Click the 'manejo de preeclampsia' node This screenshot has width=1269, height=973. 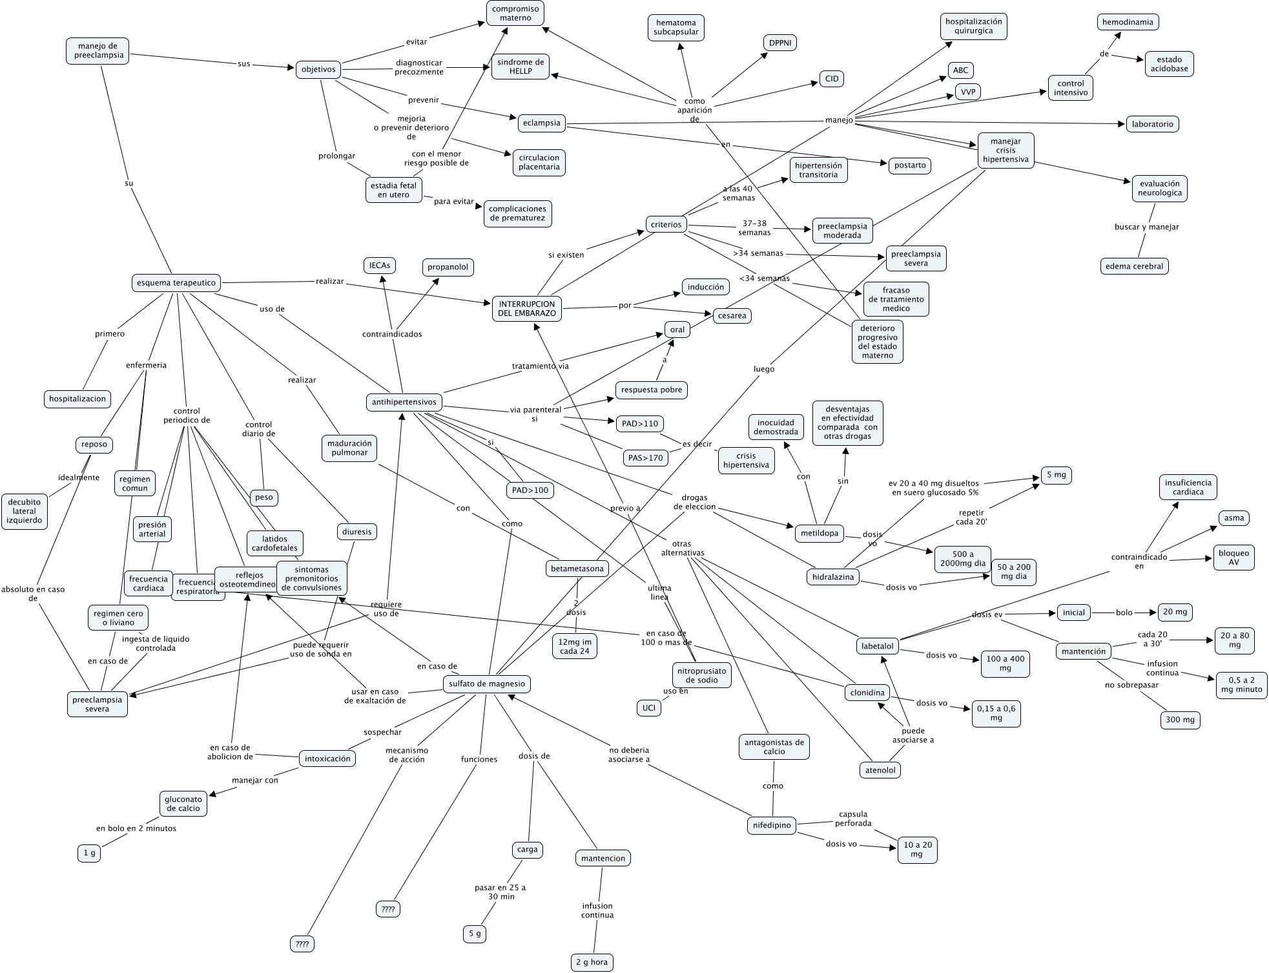point(98,50)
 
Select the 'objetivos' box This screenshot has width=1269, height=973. point(318,69)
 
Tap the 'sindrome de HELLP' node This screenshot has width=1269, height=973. point(521,67)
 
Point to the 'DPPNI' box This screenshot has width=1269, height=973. point(779,43)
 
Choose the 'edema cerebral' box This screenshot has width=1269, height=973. point(1134,266)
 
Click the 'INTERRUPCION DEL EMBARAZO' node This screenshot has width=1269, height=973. point(527,308)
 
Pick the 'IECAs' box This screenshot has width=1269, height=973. point(379,265)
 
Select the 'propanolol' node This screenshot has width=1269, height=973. point(448,267)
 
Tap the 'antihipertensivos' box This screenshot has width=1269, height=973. point(404,402)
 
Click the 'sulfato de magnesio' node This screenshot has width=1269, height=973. point(488,684)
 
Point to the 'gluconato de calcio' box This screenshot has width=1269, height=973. point(183,804)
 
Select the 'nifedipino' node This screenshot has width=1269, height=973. point(772,825)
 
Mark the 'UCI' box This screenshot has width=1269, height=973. point(648,708)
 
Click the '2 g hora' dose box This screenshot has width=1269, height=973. point(592,962)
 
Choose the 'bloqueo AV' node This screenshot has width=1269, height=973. point(1233,558)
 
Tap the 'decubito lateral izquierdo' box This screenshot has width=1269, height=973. point(25,511)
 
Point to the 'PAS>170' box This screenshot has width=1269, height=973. point(645,458)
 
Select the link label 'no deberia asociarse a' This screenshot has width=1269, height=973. point(628,755)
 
